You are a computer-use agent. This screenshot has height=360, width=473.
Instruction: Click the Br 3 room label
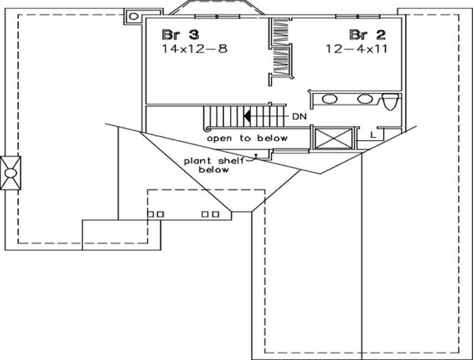pos(176,34)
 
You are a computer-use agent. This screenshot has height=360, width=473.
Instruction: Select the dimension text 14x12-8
pos(195,49)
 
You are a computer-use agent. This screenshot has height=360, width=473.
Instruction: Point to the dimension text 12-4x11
pos(356,49)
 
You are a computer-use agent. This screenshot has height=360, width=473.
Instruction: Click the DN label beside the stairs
pos(299,116)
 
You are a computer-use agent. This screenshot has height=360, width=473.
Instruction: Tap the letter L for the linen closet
pos(372,135)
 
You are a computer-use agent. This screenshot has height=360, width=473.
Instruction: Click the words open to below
pos(247,138)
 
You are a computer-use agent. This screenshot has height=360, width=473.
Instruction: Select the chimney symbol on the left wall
pos(11,173)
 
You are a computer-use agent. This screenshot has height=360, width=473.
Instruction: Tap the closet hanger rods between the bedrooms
pos(281,47)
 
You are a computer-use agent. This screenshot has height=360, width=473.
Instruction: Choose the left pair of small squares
pos(155,214)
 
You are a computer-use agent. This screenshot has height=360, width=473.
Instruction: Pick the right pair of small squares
pos(210,214)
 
